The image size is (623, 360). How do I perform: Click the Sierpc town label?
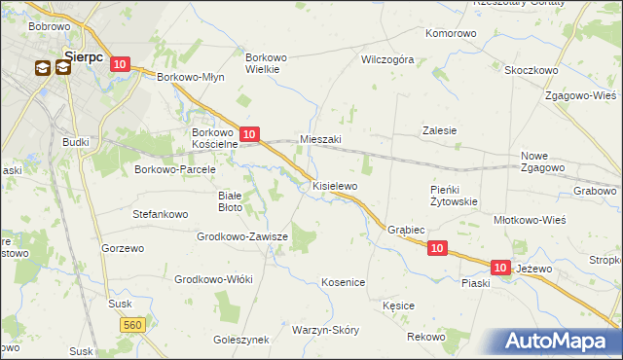point(83,54)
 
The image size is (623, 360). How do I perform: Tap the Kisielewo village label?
point(335,185)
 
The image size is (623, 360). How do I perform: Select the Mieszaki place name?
point(320,139)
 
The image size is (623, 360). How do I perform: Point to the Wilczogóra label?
point(387,59)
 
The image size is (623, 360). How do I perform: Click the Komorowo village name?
point(451,33)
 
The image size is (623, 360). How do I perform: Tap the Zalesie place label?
point(439,129)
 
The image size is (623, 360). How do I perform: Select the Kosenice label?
point(343,282)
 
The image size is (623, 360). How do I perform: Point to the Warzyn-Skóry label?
point(325,330)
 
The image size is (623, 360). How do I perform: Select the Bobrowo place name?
point(48,25)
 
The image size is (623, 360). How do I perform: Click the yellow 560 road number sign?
point(134,324)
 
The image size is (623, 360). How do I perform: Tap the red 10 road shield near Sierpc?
point(119,64)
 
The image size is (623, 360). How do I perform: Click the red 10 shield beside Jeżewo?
point(500,267)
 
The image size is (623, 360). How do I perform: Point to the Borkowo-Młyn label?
point(191,76)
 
